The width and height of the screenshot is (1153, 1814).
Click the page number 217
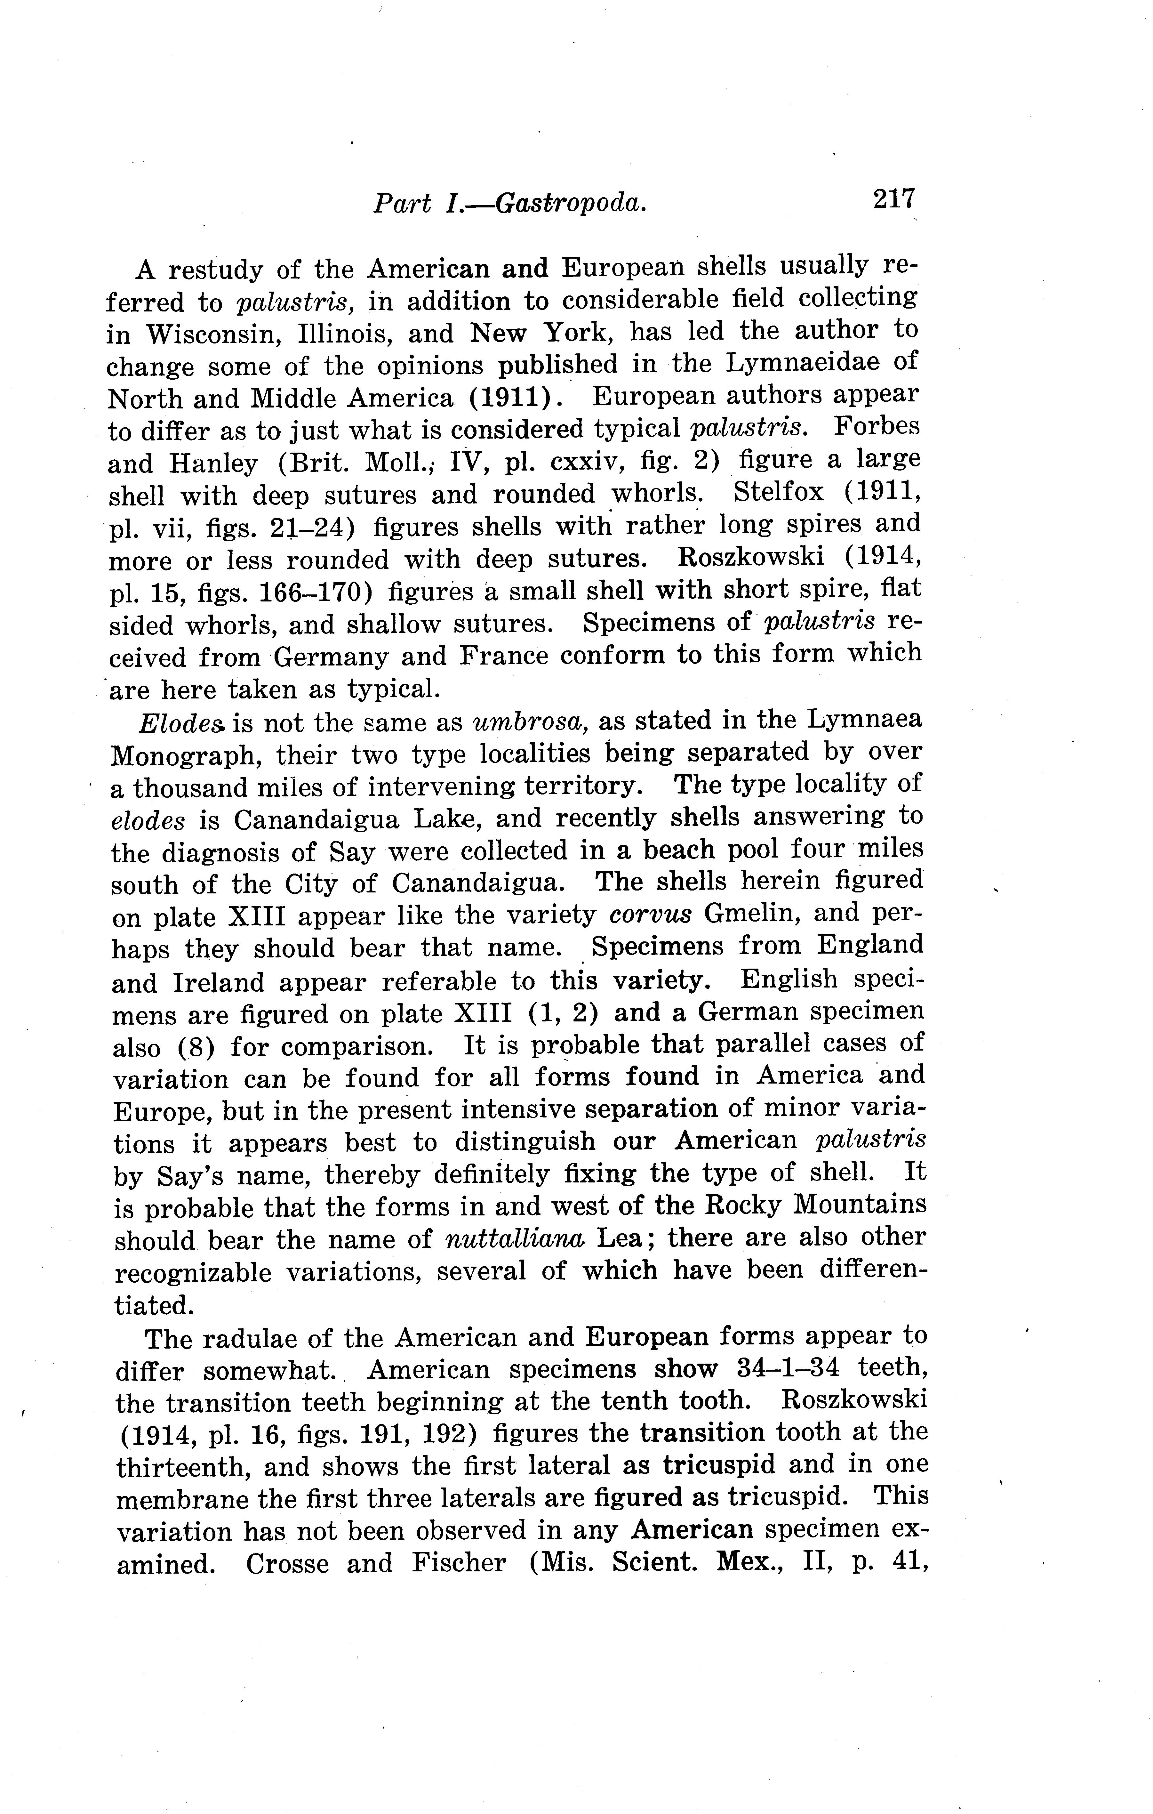[x=894, y=200]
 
